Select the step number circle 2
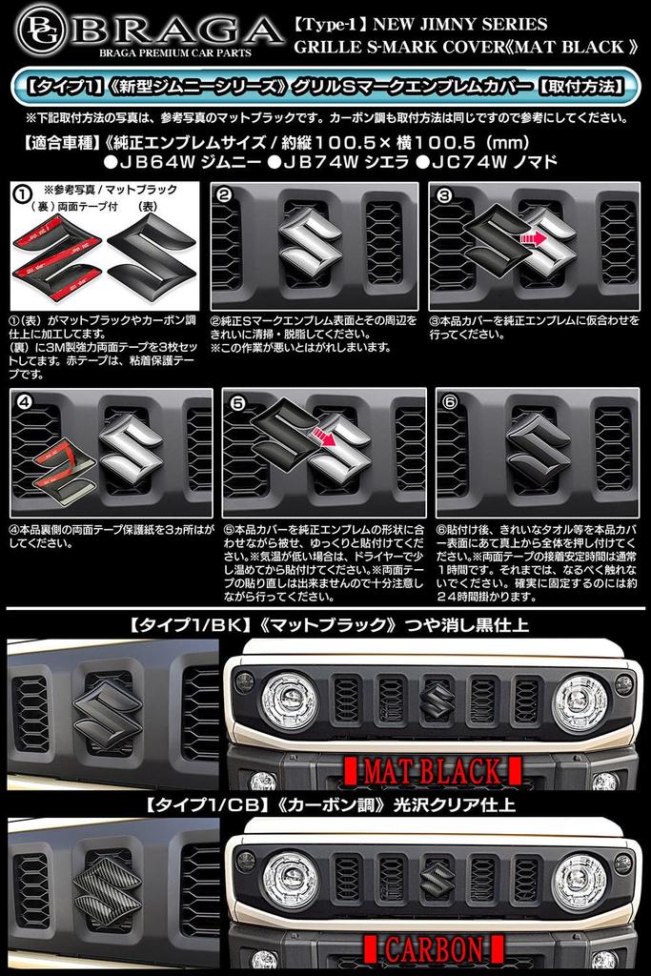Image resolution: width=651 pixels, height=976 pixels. tap(226, 195)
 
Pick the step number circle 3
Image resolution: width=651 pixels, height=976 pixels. tap(443, 195)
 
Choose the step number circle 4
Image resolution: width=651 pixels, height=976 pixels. tap(25, 401)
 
